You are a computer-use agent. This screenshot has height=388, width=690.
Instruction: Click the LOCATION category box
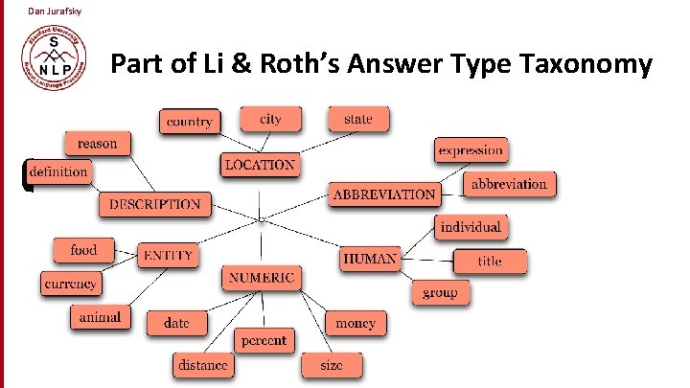pos(260,165)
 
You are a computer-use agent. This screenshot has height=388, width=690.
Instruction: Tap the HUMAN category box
pos(370,259)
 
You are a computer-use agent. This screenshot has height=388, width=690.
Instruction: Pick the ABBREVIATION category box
pos(384,194)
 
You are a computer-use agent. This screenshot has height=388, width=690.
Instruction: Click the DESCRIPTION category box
pos(155,204)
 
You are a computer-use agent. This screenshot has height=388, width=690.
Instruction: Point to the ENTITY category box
pos(169,255)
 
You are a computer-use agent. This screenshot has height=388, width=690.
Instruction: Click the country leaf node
pos(190,122)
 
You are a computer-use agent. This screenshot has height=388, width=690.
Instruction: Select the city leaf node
pos(270,119)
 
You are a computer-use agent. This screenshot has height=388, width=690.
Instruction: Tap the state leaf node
pos(357,119)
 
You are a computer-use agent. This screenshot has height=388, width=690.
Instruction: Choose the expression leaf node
pos(470,150)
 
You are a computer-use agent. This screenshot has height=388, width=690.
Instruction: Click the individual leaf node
pos(470,228)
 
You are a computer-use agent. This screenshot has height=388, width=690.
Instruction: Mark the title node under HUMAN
pos(490,261)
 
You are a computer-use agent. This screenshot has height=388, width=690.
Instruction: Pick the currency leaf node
pos(71,284)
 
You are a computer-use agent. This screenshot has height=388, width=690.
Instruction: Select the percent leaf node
pos(264,340)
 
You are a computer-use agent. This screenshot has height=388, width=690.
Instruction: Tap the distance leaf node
pos(203,365)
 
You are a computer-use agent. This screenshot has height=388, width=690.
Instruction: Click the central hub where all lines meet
pos(261,221)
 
